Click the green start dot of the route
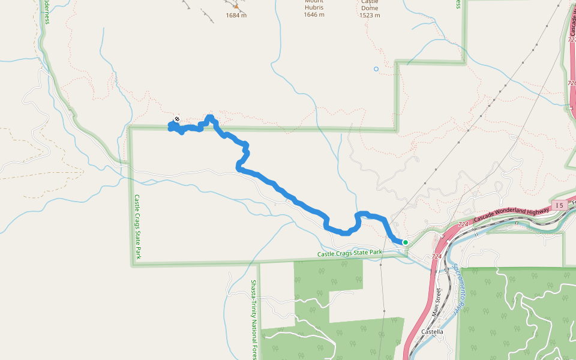click(406, 242)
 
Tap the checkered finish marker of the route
click(176, 119)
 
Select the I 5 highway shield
click(559, 205)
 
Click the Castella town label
click(432, 332)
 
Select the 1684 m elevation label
click(236, 16)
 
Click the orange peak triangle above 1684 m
click(236, 7)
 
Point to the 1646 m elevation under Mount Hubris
click(314, 15)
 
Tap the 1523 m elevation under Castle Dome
click(370, 16)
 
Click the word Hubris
click(314, 8)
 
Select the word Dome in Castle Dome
click(370, 8)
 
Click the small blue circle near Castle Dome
click(376, 69)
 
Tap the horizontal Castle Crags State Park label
click(350, 253)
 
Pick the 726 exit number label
click(571, 83)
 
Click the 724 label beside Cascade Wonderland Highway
click(463, 224)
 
